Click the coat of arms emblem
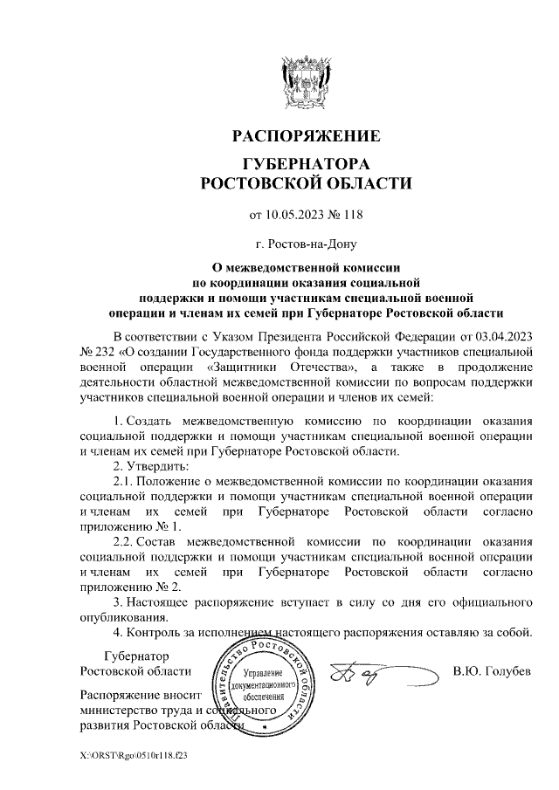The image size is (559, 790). (306, 79)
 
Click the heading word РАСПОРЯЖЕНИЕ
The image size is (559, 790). (306, 136)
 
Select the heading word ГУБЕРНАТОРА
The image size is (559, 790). (306, 165)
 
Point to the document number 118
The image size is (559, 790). (351, 214)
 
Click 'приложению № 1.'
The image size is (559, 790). (129, 527)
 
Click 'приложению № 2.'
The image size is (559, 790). (129, 587)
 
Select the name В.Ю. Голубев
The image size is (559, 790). (492, 671)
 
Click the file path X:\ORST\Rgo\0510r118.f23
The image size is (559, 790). (133, 753)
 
